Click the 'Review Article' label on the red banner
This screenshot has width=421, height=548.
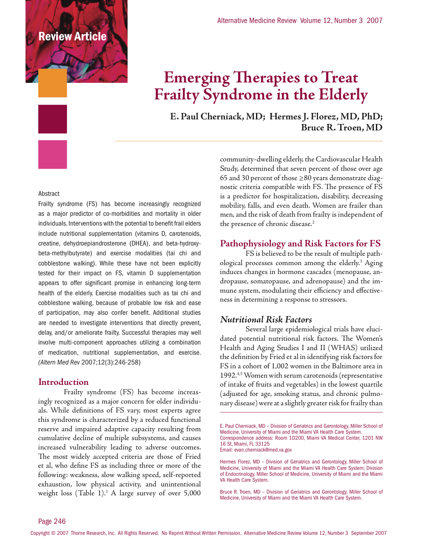72,37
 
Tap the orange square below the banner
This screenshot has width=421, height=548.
53,83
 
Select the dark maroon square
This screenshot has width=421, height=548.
53,119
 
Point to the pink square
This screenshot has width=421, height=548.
53,154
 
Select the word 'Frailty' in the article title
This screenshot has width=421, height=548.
176,95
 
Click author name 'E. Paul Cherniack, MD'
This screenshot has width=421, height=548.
217,116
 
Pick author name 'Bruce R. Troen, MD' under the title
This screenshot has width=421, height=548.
341,127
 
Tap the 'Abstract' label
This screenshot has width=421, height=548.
49,194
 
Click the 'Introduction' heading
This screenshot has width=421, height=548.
63,382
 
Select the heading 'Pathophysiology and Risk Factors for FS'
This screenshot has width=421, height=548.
300,243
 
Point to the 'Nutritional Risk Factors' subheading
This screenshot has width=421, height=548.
266,319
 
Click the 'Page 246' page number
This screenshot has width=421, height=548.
52,521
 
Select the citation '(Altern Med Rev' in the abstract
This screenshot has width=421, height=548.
59,362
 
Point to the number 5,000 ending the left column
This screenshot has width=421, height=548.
192,493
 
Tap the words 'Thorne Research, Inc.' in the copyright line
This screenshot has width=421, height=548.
93,533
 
